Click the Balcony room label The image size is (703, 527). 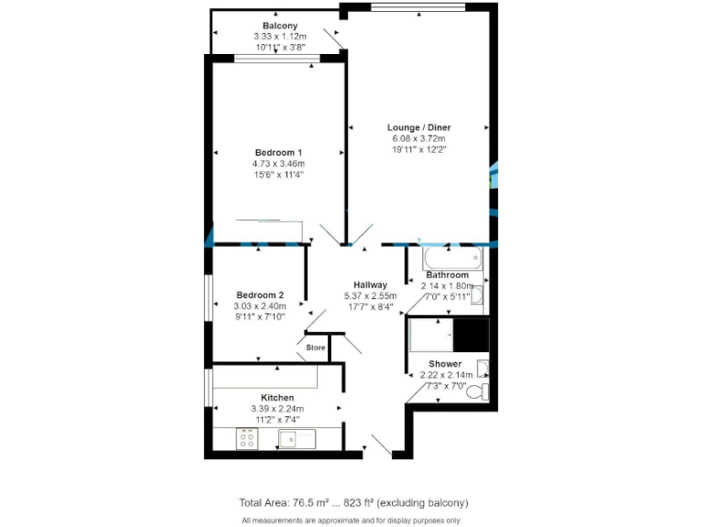(x=279, y=25)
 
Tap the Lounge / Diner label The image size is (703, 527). (x=418, y=127)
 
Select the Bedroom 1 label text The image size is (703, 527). (x=278, y=152)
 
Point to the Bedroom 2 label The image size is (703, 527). (x=259, y=295)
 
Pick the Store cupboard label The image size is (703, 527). (x=315, y=348)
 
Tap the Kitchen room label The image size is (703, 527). (x=277, y=398)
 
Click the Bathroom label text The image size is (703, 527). (x=447, y=274)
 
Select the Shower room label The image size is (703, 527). (x=447, y=363)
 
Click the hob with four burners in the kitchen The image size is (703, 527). (x=246, y=439)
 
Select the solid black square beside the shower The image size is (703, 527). (x=473, y=334)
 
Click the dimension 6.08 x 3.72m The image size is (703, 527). (x=418, y=138)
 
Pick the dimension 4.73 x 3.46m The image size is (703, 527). (x=278, y=163)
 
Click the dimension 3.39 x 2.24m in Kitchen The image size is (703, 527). (x=277, y=409)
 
